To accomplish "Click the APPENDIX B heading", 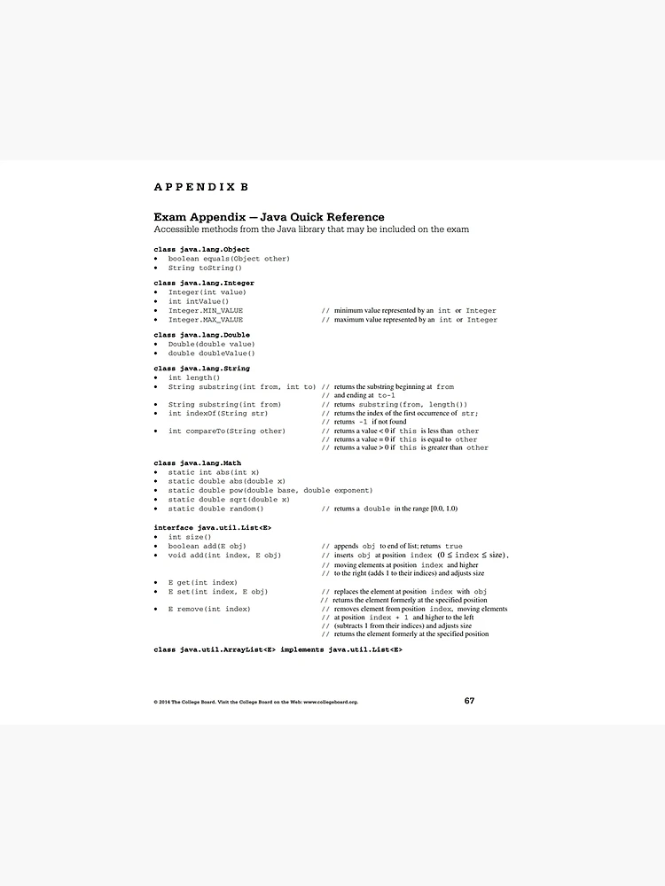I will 200,187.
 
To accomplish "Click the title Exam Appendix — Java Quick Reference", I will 269,217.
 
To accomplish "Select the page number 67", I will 469,701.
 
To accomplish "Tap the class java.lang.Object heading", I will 201,250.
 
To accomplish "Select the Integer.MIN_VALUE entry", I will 206,311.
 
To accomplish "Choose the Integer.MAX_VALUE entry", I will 206,320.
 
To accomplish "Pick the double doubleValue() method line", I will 211,354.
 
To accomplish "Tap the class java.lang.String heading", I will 201,368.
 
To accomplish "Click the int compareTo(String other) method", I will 227,431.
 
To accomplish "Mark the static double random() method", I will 215,509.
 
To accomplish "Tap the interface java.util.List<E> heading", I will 212,528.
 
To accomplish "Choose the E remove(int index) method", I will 209,609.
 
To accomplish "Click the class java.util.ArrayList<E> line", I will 278,650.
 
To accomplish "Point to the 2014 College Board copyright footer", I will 255,702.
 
